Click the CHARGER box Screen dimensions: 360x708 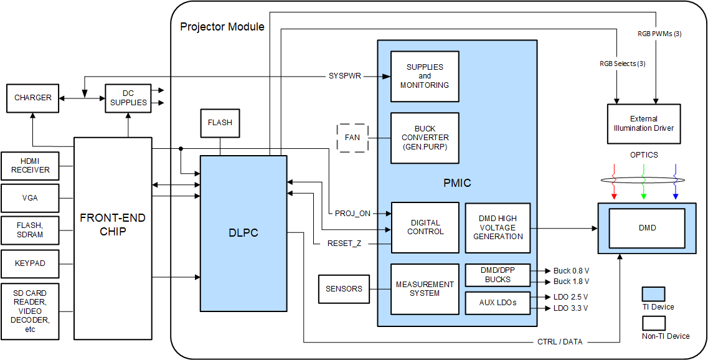[x=33, y=98]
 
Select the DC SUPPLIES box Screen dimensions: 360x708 [x=128, y=98]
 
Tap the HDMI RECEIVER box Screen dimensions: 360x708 [x=31, y=166]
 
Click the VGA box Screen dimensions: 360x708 [x=31, y=198]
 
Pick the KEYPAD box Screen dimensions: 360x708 [x=31, y=263]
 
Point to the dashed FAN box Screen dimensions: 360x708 [x=352, y=137]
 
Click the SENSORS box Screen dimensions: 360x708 [x=344, y=288]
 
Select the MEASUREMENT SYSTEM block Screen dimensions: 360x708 [x=425, y=289]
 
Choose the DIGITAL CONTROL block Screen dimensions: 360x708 [x=425, y=227]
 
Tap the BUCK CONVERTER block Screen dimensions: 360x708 [x=425, y=138]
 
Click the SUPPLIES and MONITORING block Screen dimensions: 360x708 [x=425, y=76]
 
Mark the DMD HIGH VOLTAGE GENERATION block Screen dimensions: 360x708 [x=498, y=228]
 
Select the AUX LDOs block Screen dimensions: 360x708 [x=498, y=303]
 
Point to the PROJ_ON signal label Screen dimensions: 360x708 [x=352, y=214]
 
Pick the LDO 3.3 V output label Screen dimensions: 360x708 [x=570, y=308]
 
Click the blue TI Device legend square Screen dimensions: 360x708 [x=653, y=294]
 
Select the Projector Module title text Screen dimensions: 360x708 [x=222, y=27]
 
